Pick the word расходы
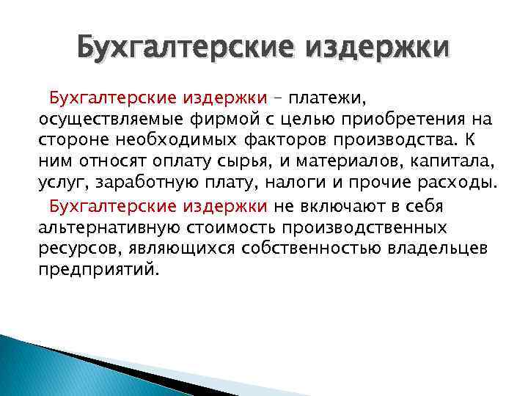pyautogui.click(x=454, y=182)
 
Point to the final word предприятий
pyautogui.click(x=95, y=268)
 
